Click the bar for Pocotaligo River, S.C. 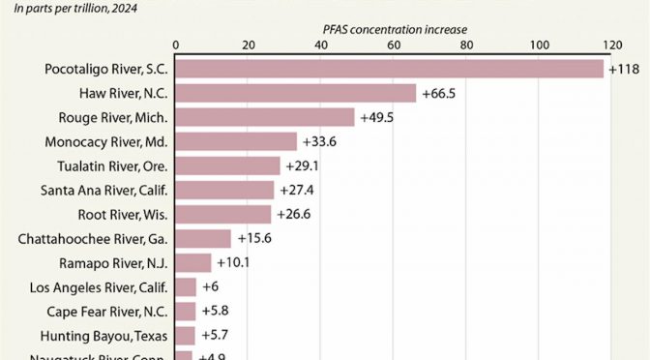389,69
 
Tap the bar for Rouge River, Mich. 265,117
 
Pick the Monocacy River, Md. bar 236,141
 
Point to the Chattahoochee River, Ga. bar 203,238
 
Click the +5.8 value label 216,311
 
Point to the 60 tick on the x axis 393,44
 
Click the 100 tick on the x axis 538,44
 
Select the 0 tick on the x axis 175,44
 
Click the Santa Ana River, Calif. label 104,190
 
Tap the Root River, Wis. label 122,214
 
